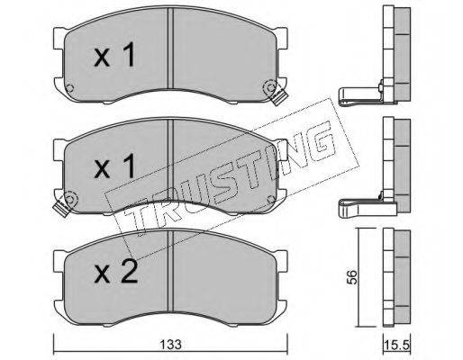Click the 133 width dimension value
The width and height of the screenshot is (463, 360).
(170, 345)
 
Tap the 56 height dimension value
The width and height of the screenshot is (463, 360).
(351, 277)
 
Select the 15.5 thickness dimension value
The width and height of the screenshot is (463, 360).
(397, 346)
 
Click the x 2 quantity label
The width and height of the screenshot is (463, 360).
(115, 273)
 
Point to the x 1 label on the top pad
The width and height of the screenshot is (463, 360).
(114, 54)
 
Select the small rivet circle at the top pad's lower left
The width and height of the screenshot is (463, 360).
(69, 87)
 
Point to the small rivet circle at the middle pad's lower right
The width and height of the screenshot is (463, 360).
(271, 199)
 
